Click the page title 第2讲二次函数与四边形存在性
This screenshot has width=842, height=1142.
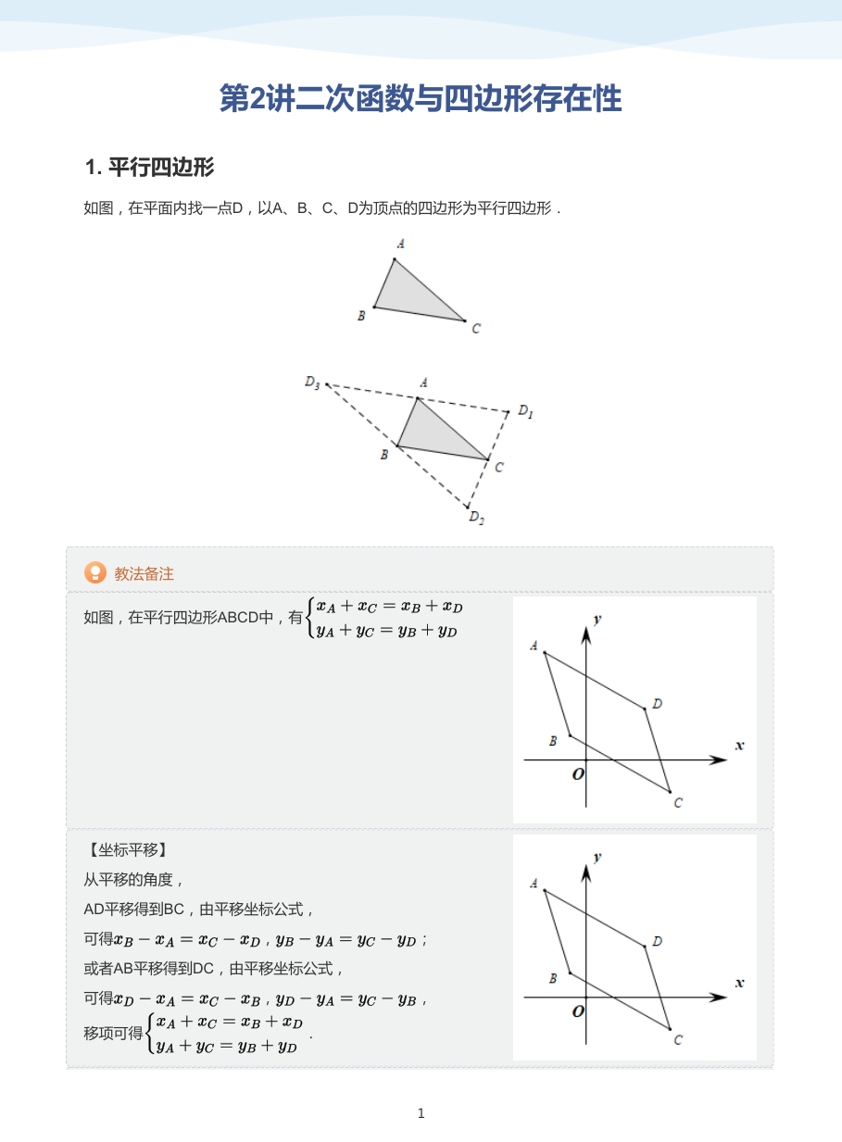click(421, 98)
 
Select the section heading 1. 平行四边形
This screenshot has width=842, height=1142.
click(149, 168)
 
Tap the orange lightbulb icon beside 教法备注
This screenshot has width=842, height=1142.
click(95, 572)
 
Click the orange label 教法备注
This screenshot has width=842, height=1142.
click(144, 573)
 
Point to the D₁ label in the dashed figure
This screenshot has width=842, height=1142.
click(525, 411)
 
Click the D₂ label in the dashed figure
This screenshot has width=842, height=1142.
click(476, 518)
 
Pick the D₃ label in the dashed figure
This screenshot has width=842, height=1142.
click(312, 383)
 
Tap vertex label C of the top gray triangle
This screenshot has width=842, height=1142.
click(476, 328)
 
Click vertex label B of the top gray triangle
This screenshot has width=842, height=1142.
click(361, 316)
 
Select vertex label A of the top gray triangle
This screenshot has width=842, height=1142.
click(401, 244)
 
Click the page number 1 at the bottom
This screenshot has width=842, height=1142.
click(421, 1113)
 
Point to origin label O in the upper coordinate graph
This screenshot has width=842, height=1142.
click(578, 774)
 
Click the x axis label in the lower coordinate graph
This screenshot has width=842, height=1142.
click(739, 983)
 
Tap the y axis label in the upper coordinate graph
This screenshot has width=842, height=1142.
click(597, 619)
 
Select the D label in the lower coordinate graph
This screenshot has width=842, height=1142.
click(658, 941)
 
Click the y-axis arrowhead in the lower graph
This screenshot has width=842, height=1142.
click(586, 873)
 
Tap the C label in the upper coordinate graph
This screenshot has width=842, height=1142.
click(678, 803)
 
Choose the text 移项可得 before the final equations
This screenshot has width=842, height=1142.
click(113, 1034)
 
